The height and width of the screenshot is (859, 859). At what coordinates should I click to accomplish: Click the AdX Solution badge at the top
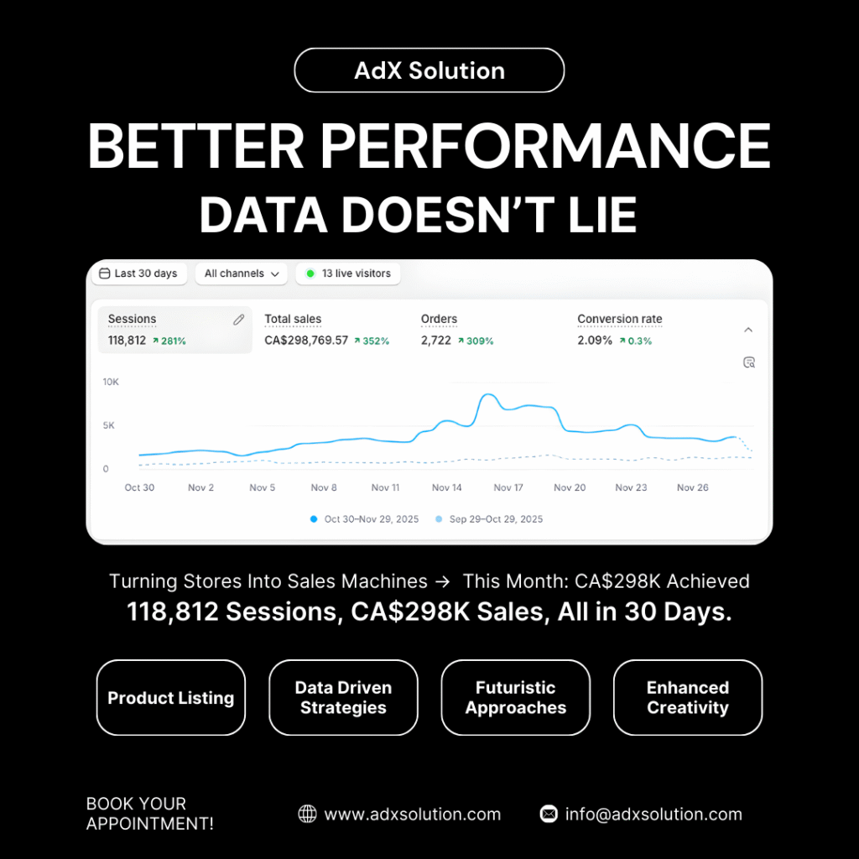pyautogui.click(x=429, y=70)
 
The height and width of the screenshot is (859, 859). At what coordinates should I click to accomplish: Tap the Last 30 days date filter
pyautogui.click(x=139, y=273)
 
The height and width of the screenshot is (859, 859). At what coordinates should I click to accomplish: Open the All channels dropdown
pyautogui.click(x=242, y=273)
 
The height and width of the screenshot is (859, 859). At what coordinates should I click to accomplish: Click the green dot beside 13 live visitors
pyautogui.click(x=310, y=273)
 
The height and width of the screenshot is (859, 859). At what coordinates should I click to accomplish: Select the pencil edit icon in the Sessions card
pyautogui.click(x=239, y=320)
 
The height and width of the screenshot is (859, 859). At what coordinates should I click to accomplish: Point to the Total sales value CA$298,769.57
pyautogui.click(x=306, y=341)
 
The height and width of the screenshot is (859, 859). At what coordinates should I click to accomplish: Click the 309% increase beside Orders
pyautogui.click(x=476, y=341)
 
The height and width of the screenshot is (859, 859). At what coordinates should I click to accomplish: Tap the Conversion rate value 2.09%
pyautogui.click(x=595, y=341)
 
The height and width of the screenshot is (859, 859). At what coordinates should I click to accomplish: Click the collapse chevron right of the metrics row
pyautogui.click(x=748, y=330)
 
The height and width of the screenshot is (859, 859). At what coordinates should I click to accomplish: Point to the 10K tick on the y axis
pyautogui.click(x=111, y=382)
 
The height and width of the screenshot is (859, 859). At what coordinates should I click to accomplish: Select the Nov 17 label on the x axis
pyautogui.click(x=508, y=487)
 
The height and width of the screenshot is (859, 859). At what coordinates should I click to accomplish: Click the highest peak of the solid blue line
pyautogui.click(x=487, y=394)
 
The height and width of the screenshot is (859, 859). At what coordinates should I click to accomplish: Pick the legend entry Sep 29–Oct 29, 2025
pyautogui.click(x=489, y=518)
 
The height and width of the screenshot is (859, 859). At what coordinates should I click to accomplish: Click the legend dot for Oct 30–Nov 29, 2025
pyautogui.click(x=314, y=518)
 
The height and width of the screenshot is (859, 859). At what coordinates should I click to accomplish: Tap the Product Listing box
pyautogui.click(x=171, y=697)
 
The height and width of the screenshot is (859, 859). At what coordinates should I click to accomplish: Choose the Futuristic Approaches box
pyautogui.click(x=516, y=697)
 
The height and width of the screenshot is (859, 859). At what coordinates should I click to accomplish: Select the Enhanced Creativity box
pyautogui.click(x=688, y=697)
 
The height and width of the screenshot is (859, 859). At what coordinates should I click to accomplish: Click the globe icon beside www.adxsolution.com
pyautogui.click(x=307, y=814)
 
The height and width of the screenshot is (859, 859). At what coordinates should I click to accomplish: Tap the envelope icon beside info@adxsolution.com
pyautogui.click(x=549, y=814)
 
